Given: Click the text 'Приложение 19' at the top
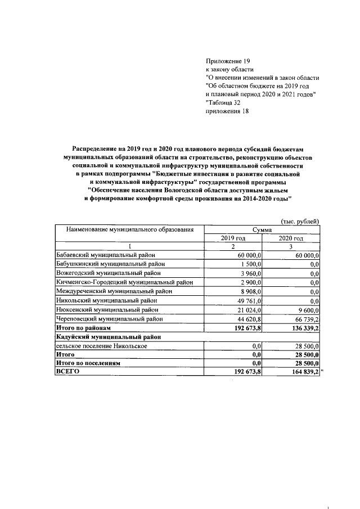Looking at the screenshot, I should click(x=227, y=60).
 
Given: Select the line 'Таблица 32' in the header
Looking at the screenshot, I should click(x=227, y=102).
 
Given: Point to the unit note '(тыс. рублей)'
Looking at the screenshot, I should click(x=300, y=221).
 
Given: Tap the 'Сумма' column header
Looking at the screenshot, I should click(x=262, y=230).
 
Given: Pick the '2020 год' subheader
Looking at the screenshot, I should click(x=291, y=238).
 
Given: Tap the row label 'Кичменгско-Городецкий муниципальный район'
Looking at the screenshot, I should click(x=124, y=282).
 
